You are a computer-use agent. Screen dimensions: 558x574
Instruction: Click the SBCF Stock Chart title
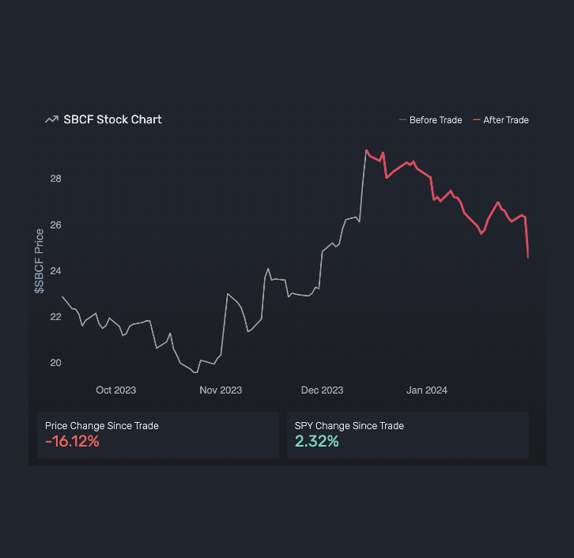click(112, 119)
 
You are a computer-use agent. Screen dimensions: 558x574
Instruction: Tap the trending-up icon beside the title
click(51, 119)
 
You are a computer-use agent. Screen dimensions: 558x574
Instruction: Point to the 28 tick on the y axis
click(55, 179)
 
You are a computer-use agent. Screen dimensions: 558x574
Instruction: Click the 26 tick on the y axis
click(55, 225)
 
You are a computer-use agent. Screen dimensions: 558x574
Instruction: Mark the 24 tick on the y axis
click(55, 271)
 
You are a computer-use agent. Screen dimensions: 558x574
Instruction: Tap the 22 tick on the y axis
click(55, 317)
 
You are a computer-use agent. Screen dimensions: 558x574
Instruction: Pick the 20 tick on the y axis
click(55, 363)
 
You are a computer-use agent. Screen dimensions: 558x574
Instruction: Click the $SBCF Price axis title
click(39, 262)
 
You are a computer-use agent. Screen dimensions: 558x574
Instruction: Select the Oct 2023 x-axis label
click(115, 390)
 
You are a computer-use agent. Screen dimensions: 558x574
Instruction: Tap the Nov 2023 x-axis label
click(221, 390)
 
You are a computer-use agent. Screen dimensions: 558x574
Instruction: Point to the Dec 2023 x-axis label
click(323, 390)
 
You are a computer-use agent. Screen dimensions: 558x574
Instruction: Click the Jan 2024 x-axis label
click(427, 390)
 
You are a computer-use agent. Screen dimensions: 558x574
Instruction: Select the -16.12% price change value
click(73, 442)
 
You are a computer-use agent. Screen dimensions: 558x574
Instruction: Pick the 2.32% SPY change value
click(317, 442)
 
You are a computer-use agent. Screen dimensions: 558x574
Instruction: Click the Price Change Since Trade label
click(102, 426)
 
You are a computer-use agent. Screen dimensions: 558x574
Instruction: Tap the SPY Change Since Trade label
click(349, 426)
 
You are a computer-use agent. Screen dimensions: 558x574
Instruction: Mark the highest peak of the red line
click(367, 150)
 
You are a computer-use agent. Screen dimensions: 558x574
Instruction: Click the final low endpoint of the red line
click(528, 257)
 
